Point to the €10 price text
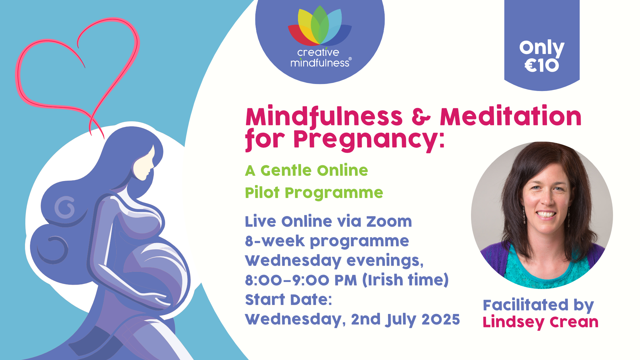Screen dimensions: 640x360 (542, 65)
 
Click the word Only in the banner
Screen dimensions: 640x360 (542, 48)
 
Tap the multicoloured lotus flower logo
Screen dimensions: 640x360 (320, 26)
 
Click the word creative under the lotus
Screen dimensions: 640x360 (318, 52)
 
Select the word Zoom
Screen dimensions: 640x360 (389, 222)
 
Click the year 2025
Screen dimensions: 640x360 (441, 319)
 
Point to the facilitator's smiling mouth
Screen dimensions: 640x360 (546, 214)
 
